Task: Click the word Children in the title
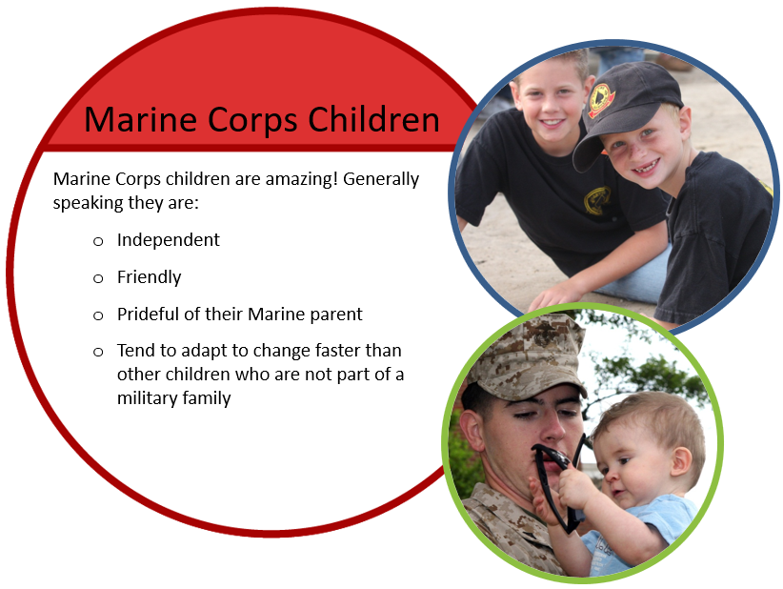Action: coord(373,119)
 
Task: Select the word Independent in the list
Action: coord(169,240)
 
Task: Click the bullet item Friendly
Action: coord(149,277)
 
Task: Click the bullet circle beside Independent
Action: coord(98,242)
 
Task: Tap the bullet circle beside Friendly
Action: coord(98,278)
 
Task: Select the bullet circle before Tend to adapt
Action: coord(98,353)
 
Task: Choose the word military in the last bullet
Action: coord(148,398)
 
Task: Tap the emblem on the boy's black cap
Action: coord(601,100)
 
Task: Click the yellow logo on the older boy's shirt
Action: coord(597,201)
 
